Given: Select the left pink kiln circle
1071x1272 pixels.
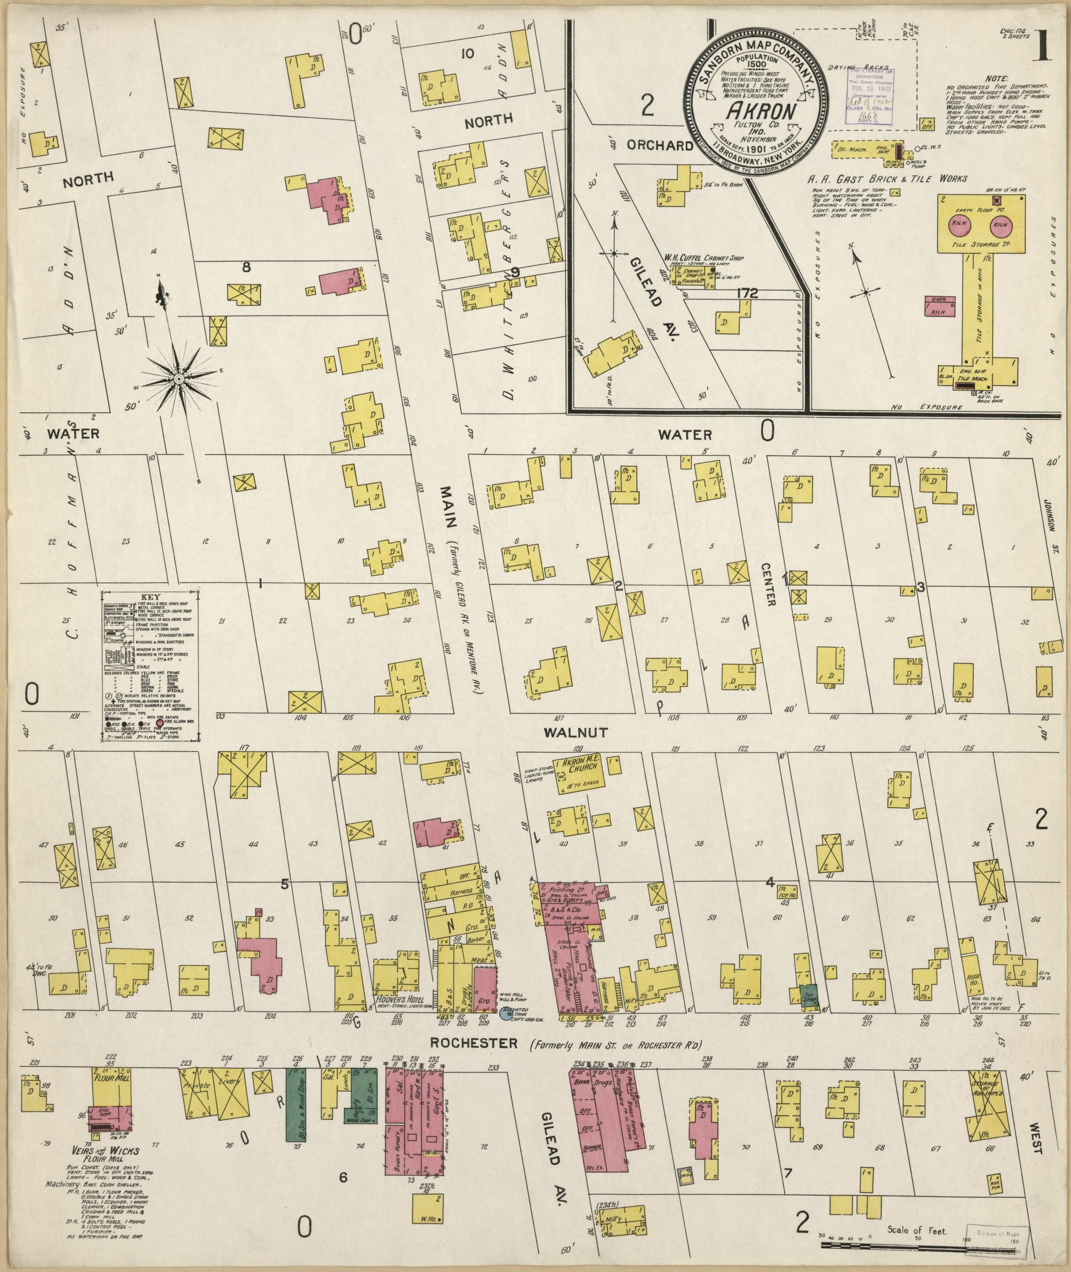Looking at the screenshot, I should click(960, 225).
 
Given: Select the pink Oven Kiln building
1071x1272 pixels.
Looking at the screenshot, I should click(940, 305).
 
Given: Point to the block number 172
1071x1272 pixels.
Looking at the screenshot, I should click(747, 293).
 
